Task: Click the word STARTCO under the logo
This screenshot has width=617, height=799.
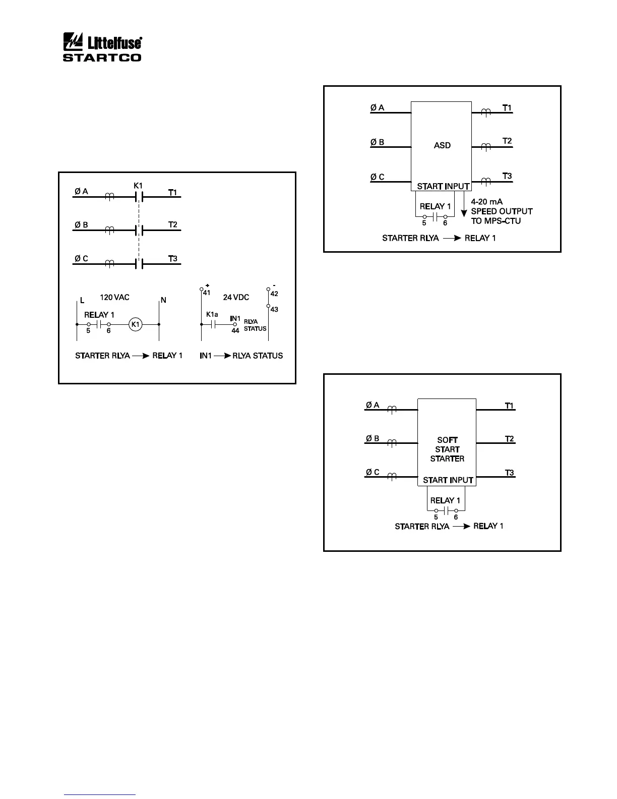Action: (102, 58)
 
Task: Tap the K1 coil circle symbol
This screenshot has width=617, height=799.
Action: (135, 325)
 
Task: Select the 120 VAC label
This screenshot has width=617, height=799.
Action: (114, 298)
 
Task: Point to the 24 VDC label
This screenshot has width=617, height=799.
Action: (236, 298)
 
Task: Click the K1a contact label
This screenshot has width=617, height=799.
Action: (212, 315)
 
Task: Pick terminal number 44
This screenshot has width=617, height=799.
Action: (235, 331)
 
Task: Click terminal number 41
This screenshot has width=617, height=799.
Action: (207, 293)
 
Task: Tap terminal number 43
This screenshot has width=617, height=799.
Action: (274, 310)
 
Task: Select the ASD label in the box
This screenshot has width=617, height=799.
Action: (442, 145)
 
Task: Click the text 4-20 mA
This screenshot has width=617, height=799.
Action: (486, 202)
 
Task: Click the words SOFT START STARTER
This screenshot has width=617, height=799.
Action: (447, 449)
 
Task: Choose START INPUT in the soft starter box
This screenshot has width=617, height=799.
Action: (448, 480)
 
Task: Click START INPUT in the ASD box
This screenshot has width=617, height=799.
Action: (443, 187)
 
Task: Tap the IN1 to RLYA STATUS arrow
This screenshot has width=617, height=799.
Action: (222, 356)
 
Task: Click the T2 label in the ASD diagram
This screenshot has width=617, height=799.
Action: (507, 141)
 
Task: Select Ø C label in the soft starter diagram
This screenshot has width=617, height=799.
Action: (373, 473)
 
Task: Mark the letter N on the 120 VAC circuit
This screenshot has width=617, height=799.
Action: (163, 301)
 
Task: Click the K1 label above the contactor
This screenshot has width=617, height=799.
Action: (138, 186)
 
